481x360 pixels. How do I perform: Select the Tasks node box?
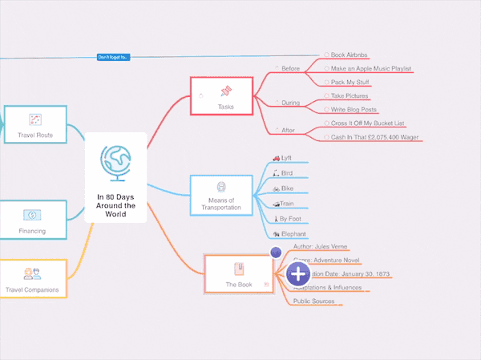click(221, 95)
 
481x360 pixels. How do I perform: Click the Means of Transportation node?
click(220, 194)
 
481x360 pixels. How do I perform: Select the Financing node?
click(32, 220)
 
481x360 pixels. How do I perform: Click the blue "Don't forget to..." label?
click(113, 57)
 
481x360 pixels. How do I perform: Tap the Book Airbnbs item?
click(349, 55)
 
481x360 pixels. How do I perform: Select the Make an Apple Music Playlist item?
click(370, 69)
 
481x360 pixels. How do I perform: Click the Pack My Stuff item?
click(351, 83)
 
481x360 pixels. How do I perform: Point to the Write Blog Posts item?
click(354, 110)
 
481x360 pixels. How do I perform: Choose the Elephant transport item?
click(294, 233)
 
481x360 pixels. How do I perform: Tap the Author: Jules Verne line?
click(321, 246)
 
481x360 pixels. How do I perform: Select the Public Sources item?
click(313, 301)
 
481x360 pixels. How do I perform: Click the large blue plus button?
click(298, 274)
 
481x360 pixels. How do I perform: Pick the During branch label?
click(290, 103)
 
